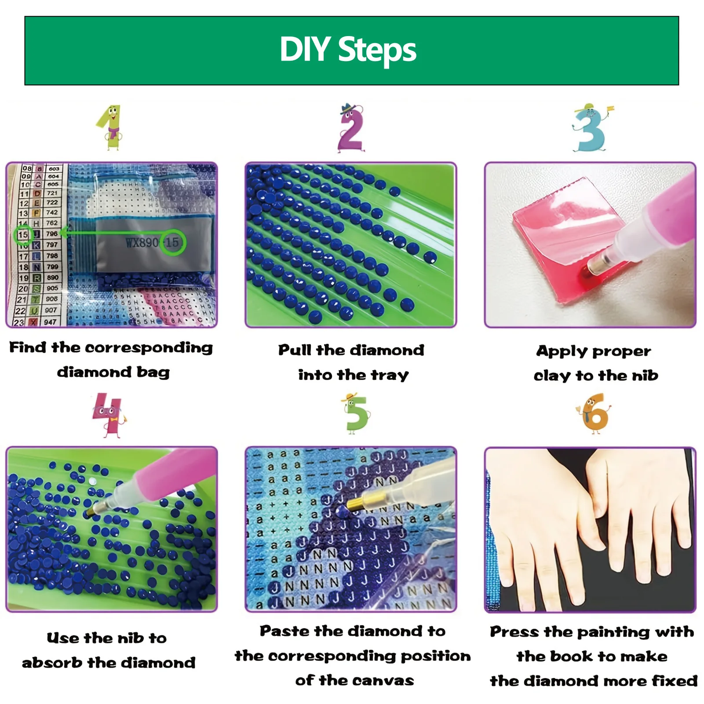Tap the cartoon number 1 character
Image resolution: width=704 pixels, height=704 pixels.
pos(111,128)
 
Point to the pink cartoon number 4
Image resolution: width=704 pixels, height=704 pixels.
pos(107,415)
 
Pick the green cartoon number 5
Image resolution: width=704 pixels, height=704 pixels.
pos(355,414)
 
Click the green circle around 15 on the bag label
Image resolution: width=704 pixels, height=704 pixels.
pos(172,242)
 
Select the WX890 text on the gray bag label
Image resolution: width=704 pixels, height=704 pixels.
pos(142,243)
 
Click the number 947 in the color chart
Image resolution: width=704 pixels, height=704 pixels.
pos(51,322)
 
